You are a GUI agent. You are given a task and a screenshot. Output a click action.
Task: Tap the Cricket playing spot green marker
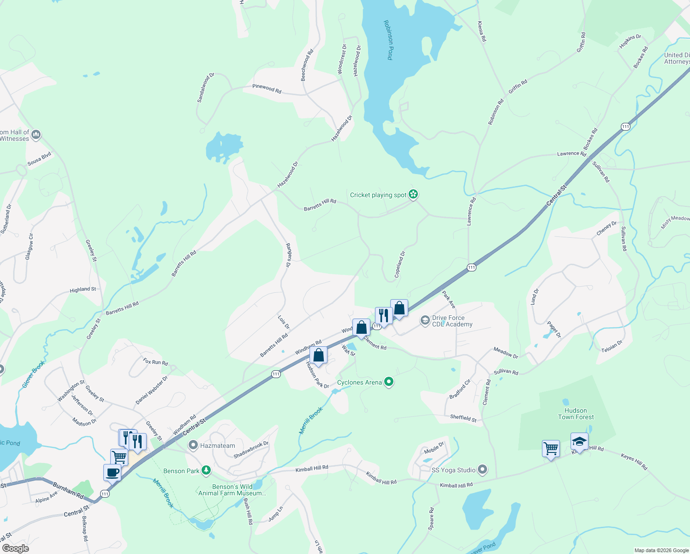(x=413, y=194)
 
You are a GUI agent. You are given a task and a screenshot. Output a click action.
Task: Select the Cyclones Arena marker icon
(x=389, y=382)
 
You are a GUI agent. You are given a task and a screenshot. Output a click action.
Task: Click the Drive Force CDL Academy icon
(x=425, y=320)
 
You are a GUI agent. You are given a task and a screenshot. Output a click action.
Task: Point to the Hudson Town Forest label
(x=576, y=414)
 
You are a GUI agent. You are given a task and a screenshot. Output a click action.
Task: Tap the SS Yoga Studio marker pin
(x=482, y=470)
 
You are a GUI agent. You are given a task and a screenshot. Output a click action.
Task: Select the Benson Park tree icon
(x=206, y=471)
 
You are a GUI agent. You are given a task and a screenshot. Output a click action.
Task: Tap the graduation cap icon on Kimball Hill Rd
(x=579, y=442)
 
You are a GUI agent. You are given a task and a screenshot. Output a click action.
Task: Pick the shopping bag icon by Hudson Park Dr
(x=318, y=355)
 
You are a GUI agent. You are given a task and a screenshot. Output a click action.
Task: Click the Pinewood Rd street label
(x=267, y=88)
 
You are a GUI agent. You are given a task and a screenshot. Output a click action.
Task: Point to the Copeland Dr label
(x=399, y=264)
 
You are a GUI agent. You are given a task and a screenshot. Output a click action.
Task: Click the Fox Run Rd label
(x=155, y=362)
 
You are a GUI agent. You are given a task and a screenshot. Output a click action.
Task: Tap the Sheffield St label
(x=463, y=418)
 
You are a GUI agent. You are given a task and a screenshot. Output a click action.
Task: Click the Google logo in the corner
(x=15, y=548)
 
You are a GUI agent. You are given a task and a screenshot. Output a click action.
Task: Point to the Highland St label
(x=83, y=289)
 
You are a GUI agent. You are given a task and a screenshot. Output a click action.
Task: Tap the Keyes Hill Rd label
(x=634, y=462)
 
